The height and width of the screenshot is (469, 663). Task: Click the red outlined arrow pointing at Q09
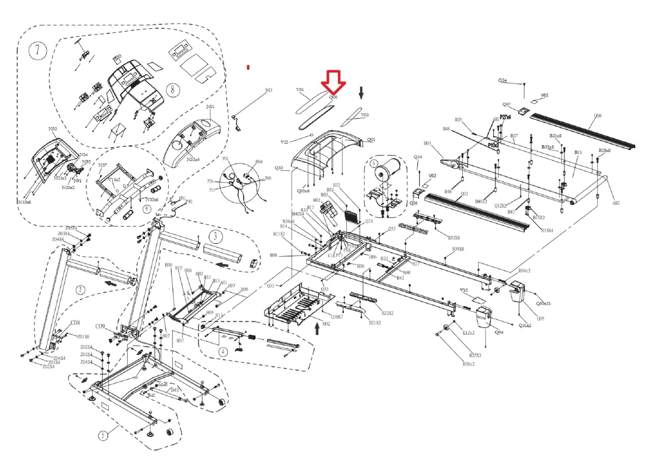tap(333, 81)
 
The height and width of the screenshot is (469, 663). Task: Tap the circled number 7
tap(38, 51)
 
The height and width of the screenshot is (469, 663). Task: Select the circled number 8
tap(173, 89)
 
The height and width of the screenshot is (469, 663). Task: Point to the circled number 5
tap(103, 435)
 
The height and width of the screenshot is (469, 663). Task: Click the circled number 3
tap(215, 236)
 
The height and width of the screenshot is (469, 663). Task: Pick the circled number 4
tap(223, 351)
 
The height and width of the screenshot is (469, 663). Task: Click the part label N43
tap(269, 90)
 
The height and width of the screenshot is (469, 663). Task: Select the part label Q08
tap(598, 116)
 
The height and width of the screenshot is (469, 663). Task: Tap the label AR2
tap(616, 203)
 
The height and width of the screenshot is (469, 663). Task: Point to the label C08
tap(75, 323)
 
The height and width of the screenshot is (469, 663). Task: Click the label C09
tap(100, 326)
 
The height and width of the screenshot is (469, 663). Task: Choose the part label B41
tap(175, 390)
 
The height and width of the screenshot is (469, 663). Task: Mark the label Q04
tap(499, 332)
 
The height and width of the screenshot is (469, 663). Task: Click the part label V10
tap(464, 290)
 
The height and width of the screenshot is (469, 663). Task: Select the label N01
tap(210, 107)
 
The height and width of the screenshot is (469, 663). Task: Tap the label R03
tap(427, 143)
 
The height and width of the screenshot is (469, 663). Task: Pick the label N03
tap(53, 129)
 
